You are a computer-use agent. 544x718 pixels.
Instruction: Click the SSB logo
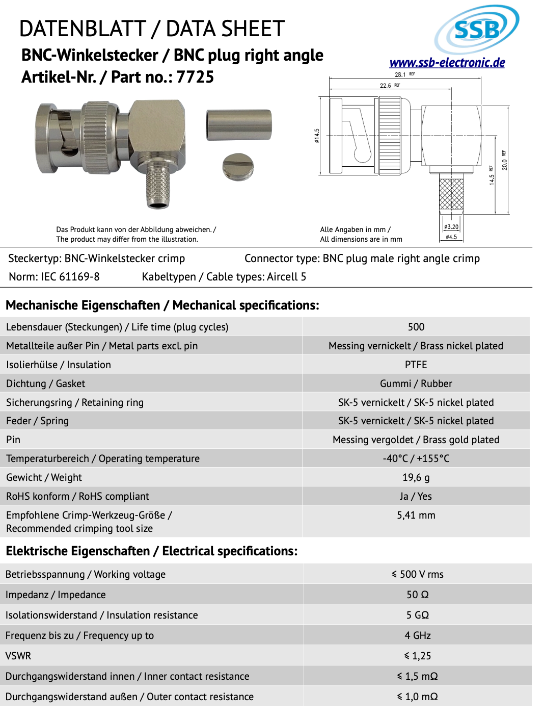476,30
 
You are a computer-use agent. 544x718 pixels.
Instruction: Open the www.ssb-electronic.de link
447,63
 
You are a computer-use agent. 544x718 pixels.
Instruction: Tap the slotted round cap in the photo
238,167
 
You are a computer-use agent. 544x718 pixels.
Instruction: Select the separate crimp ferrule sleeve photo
238,125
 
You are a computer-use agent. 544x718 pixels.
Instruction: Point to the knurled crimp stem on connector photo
158,187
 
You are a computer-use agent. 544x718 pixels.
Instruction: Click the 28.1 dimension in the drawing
400,74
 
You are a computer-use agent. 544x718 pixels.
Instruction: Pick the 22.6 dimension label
386,86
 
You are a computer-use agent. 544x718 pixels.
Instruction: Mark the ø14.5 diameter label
317,136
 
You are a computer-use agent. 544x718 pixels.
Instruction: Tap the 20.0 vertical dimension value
504,164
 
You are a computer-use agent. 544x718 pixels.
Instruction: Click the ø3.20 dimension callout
451,227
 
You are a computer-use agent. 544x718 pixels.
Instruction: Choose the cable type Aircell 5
286,277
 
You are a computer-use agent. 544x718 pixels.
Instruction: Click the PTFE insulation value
416,365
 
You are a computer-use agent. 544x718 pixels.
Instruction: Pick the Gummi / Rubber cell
416,383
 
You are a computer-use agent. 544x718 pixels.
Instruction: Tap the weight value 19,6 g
416,477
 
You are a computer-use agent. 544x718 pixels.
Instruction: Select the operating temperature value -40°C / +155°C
416,458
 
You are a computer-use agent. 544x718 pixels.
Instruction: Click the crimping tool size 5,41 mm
416,515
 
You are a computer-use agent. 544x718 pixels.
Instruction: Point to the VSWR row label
18,656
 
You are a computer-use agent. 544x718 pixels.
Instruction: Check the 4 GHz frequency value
418,635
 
